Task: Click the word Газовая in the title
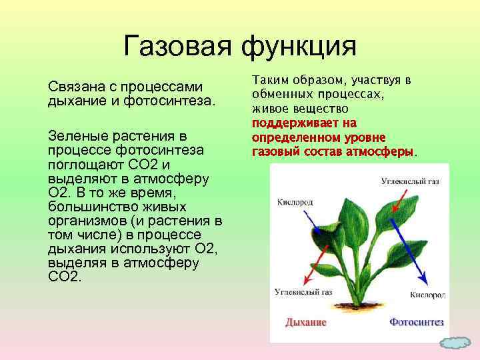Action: click(175, 47)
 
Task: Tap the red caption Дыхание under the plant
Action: click(305, 322)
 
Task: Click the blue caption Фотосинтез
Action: click(416, 322)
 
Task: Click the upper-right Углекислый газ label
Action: click(409, 181)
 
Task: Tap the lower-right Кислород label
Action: click(427, 294)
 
